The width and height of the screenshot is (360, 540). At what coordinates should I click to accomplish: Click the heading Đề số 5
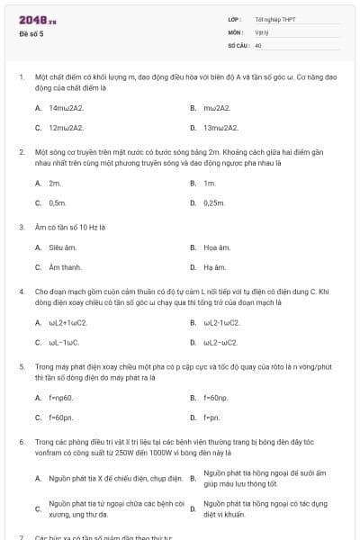click(31, 33)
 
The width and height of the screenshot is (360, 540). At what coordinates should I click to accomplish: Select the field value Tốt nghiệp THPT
click(275, 19)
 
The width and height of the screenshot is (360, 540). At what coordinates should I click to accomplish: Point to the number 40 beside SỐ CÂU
click(258, 44)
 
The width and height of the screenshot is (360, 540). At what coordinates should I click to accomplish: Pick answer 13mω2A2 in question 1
click(220, 128)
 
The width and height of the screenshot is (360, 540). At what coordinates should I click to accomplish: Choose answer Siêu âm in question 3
click(61, 247)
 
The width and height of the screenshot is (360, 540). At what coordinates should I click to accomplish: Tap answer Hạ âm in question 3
click(213, 267)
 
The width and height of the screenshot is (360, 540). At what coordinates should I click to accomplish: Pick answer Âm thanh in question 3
click(65, 267)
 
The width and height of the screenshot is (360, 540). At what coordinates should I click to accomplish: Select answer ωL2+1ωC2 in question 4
click(68, 321)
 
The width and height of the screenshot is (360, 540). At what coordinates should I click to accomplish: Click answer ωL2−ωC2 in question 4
click(220, 342)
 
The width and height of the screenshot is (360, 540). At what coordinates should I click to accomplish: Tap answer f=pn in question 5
click(211, 418)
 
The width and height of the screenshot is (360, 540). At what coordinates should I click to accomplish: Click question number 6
click(21, 443)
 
